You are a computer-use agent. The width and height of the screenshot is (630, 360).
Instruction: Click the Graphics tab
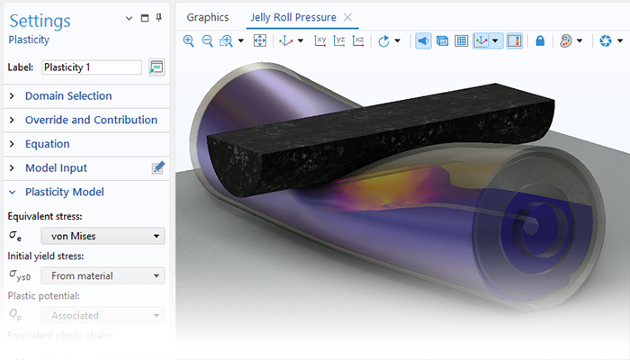[x=207, y=17]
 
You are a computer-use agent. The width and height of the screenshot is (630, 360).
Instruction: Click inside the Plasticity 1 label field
[x=91, y=67]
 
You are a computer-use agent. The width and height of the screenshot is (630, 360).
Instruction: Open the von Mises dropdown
[x=103, y=236]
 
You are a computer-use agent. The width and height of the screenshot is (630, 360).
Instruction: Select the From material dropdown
[x=103, y=275]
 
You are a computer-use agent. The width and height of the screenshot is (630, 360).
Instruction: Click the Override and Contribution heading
[x=91, y=120]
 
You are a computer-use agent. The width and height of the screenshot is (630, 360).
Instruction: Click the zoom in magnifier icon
[x=189, y=40]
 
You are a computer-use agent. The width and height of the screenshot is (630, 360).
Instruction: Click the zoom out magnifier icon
[x=207, y=40]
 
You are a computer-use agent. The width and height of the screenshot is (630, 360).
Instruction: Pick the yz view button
[x=339, y=40]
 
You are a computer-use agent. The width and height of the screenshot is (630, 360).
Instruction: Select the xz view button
[x=358, y=40]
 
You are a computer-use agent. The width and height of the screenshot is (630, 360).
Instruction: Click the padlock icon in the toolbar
[x=540, y=40]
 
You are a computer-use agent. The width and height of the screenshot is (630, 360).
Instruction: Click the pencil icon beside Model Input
[x=157, y=167]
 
